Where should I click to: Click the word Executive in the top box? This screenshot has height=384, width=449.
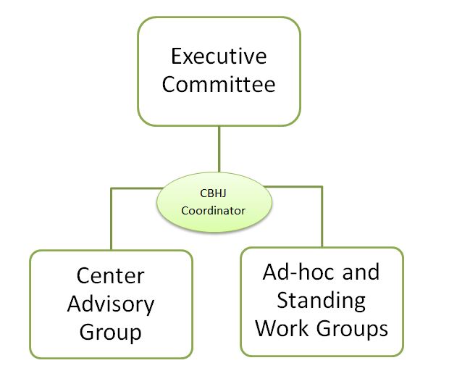[219, 57]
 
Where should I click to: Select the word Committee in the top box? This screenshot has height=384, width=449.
[219, 84]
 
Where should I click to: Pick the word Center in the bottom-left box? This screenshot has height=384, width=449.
[111, 276]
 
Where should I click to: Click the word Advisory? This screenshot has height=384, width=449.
[111, 304]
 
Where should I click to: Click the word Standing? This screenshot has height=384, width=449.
[321, 300]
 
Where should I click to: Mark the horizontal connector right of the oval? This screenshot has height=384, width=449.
[297, 187]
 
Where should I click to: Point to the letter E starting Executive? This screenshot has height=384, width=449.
[176, 57]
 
